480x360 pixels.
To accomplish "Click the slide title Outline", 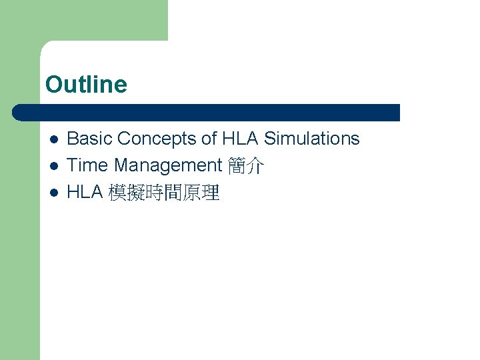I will pos(86,85).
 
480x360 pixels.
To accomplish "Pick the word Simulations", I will pos(312,139).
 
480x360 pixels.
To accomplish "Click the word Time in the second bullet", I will pos(87,165).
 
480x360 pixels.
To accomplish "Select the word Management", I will pos(168,165).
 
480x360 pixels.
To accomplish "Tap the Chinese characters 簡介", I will pos(246,166).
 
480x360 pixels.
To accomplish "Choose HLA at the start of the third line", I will pos(85,193).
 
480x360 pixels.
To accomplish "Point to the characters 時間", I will pos(163,193).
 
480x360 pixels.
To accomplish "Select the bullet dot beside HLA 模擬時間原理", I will pos(54,193).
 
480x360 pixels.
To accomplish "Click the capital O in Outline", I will pos(53,85).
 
